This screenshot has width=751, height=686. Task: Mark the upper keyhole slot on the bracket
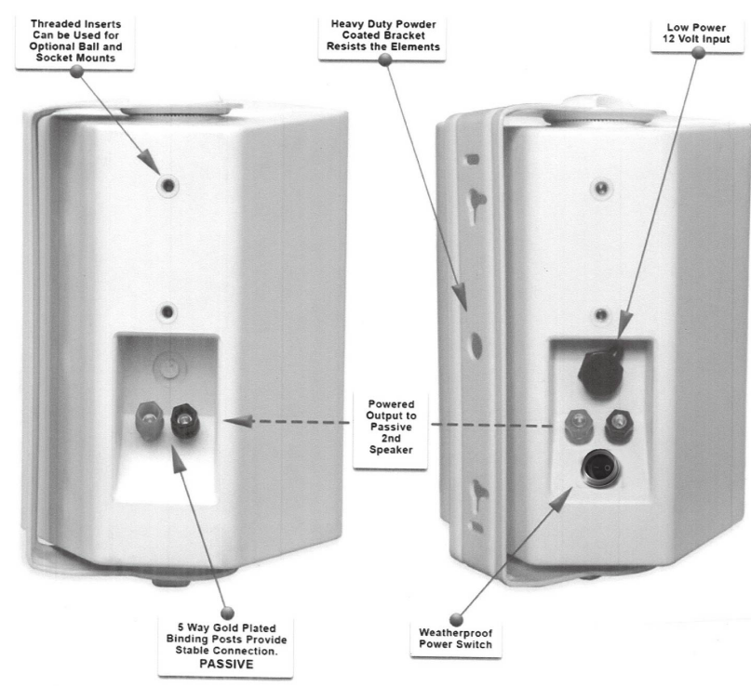(476, 199)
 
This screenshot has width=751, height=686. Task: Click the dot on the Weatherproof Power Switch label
(457, 613)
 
